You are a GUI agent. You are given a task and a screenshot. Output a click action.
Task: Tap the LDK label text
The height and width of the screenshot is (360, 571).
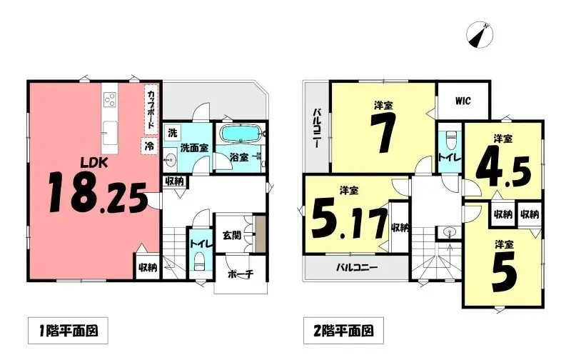point(93,163)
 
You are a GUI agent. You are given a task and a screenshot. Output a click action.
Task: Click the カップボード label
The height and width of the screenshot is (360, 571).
point(151,109)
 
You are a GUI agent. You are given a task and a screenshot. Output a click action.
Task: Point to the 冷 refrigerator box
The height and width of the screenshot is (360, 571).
point(149,145)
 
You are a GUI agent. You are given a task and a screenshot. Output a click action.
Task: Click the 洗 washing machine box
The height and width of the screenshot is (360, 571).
point(172,132)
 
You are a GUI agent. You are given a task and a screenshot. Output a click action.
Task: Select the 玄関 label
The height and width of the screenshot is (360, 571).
point(231,235)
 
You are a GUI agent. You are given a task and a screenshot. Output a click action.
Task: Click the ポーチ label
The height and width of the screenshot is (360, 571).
point(238,274)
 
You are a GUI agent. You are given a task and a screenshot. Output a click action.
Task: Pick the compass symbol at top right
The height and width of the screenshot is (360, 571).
point(479,34)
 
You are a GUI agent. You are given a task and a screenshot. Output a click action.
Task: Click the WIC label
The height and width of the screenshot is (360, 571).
point(463,101)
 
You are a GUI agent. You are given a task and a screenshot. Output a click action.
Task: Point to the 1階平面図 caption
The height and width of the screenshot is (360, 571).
point(67,331)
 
